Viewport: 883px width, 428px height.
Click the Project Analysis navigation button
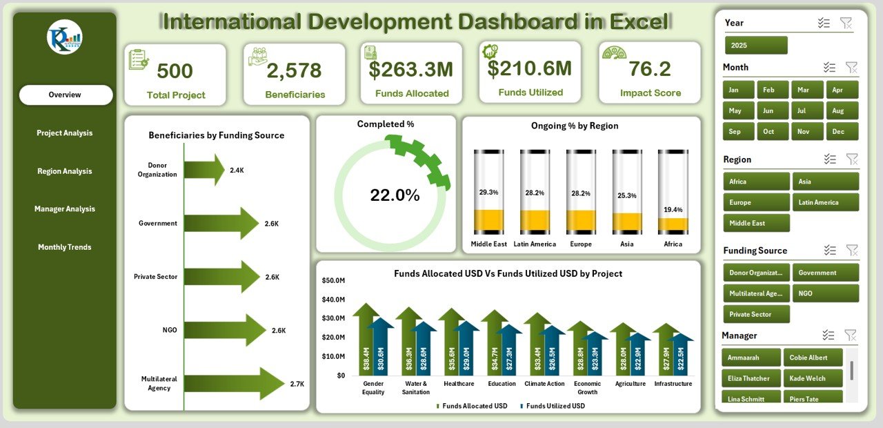coord(65,133)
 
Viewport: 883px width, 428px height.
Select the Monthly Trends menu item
coord(65,247)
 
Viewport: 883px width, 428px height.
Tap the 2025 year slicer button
coord(756,46)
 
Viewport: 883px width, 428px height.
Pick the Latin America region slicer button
coord(826,202)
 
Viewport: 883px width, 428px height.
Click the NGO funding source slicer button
coord(826,293)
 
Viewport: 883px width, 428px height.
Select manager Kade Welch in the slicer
coord(817,378)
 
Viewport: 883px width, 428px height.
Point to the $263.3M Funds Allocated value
coord(410,70)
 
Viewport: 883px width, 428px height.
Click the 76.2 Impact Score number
coord(649,69)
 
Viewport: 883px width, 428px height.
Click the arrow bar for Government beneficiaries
coord(221,224)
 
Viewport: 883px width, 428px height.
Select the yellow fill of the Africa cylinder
coord(673,226)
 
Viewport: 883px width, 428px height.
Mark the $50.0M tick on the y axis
coord(333,280)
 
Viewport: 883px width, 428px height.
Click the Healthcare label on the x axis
coord(459,384)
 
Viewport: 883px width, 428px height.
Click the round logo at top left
coord(65,37)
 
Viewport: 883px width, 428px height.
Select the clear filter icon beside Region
coord(852,159)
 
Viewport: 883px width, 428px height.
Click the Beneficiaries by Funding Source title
coord(216,135)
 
